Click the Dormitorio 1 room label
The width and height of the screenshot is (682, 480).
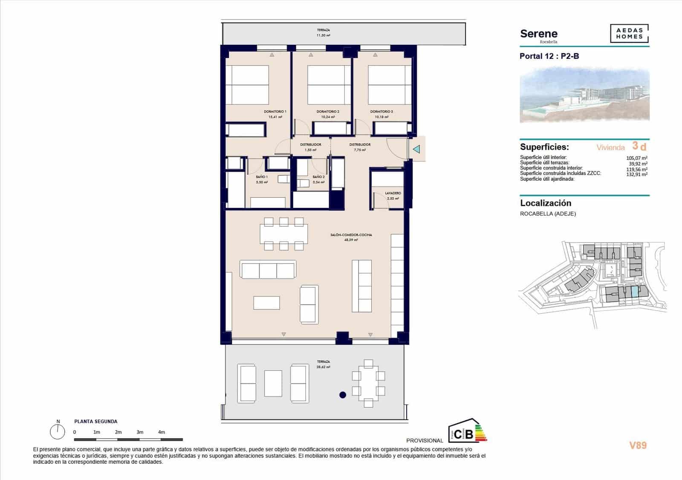point(275,112)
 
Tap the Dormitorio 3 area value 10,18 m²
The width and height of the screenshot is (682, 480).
point(381,117)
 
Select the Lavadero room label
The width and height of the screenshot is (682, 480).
point(393,193)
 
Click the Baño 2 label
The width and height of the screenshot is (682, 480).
point(318,177)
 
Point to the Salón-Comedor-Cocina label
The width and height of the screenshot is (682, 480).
point(351,235)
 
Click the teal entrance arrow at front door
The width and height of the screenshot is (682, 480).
point(416,149)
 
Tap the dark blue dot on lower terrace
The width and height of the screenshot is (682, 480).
point(342,395)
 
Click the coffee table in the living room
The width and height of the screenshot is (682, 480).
point(267,303)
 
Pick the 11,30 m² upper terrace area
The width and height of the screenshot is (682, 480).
point(323,35)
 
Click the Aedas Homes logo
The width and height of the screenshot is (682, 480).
point(629,34)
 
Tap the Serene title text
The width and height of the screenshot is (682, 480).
point(539,34)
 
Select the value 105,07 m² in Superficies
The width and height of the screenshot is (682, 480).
point(637,158)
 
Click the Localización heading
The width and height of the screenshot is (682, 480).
point(546,203)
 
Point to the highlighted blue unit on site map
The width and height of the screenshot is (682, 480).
point(635,292)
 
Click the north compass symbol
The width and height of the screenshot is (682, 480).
point(57,431)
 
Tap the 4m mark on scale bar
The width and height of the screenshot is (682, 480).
point(162,432)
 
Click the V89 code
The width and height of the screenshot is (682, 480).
point(638,445)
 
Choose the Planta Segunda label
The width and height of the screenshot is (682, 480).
point(95,421)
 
